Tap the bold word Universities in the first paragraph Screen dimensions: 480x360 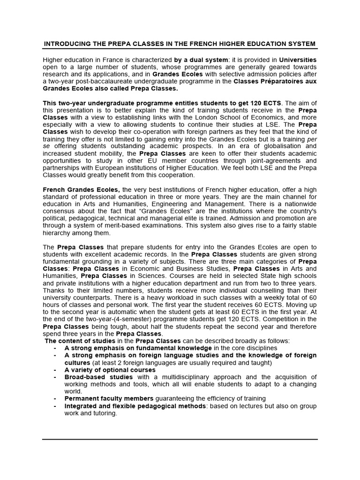(298, 60)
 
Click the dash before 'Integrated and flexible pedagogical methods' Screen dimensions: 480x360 (55, 405)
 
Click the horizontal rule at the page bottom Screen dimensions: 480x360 (180, 439)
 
